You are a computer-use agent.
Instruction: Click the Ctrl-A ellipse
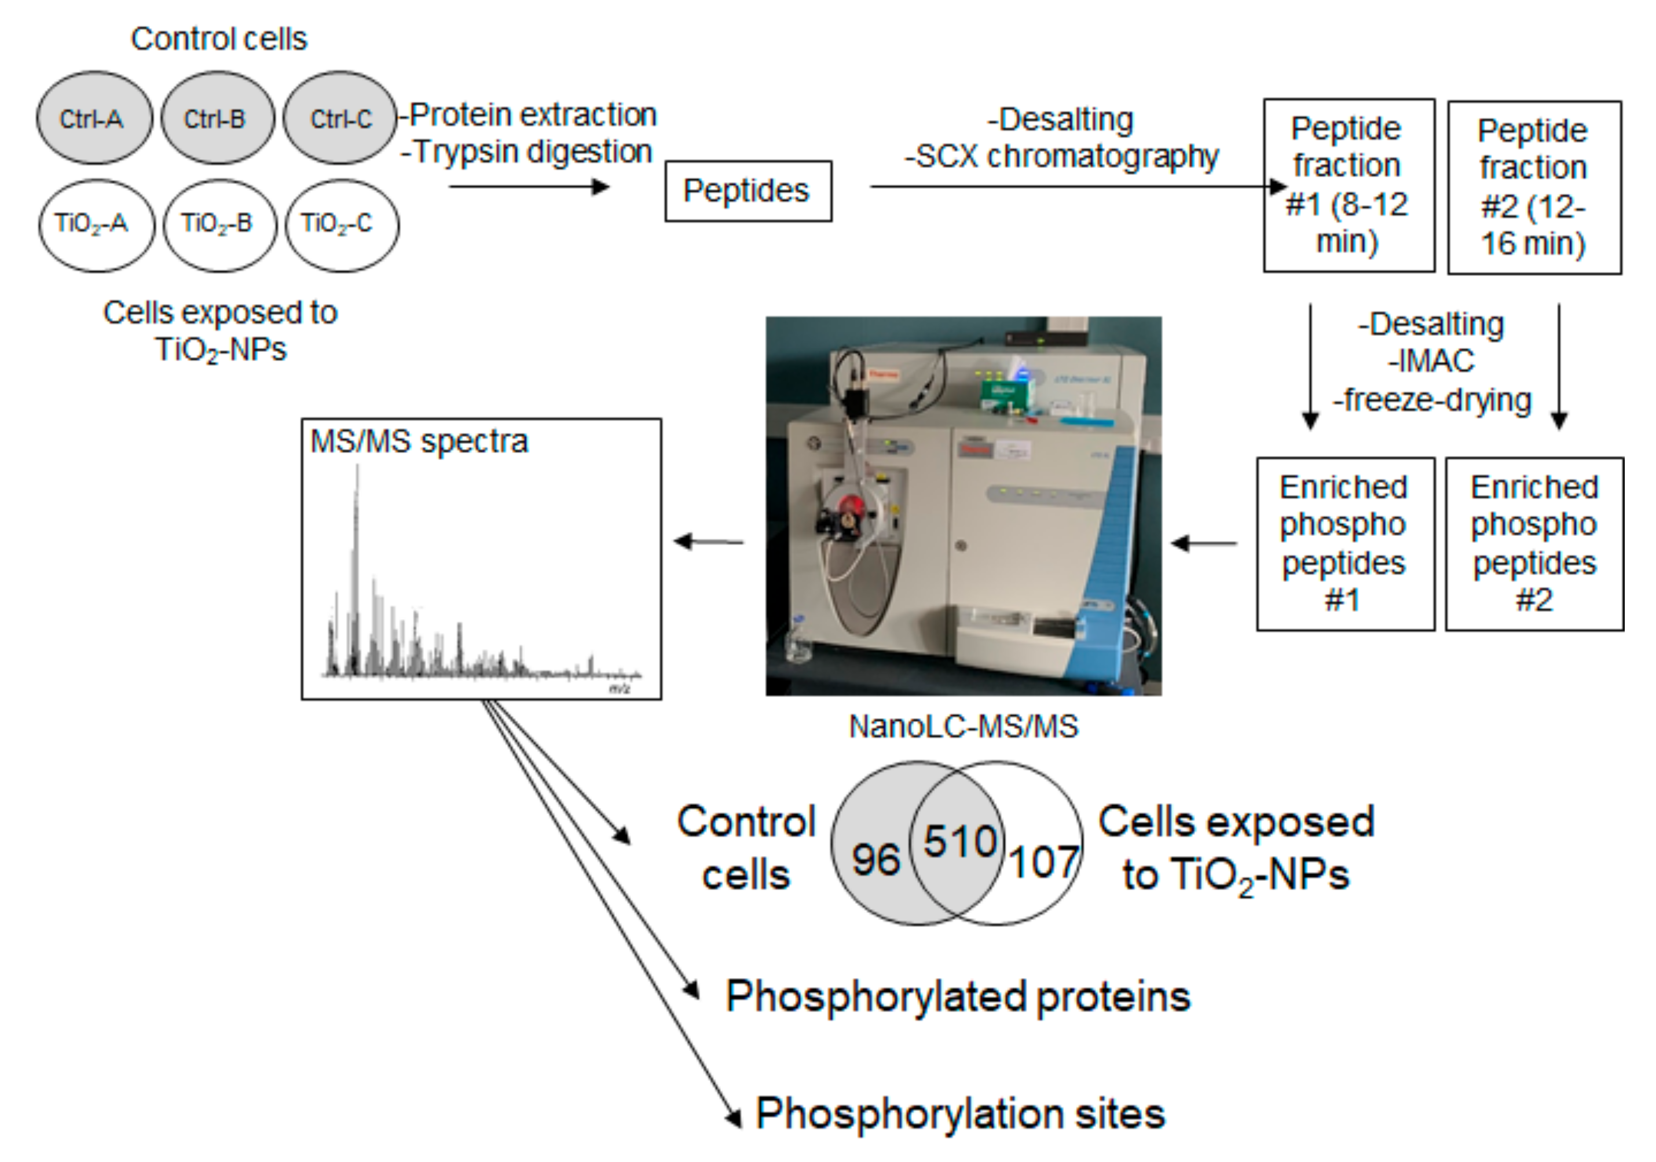pyautogui.click(x=94, y=117)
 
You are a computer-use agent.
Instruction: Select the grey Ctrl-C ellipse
pyautogui.click(x=340, y=117)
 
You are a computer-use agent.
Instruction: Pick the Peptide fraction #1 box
pyautogui.click(x=1348, y=185)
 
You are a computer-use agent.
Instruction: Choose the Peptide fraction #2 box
pyautogui.click(x=1534, y=187)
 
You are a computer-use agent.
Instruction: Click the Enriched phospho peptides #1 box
pyautogui.click(x=1344, y=543)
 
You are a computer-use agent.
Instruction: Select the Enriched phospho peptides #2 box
pyautogui.click(x=1534, y=543)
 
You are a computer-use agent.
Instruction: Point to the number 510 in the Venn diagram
pyautogui.click(x=960, y=841)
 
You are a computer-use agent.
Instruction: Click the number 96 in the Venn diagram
pyautogui.click(x=875, y=859)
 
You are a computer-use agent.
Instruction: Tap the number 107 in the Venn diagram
pyautogui.click(x=1043, y=862)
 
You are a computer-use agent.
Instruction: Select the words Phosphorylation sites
pyautogui.click(x=960, y=1114)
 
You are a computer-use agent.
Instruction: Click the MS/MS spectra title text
pyautogui.click(x=419, y=441)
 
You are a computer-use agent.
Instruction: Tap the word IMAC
pyautogui.click(x=1431, y=361)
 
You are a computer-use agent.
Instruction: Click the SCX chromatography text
pyautogui.click(x=1062, y=156)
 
